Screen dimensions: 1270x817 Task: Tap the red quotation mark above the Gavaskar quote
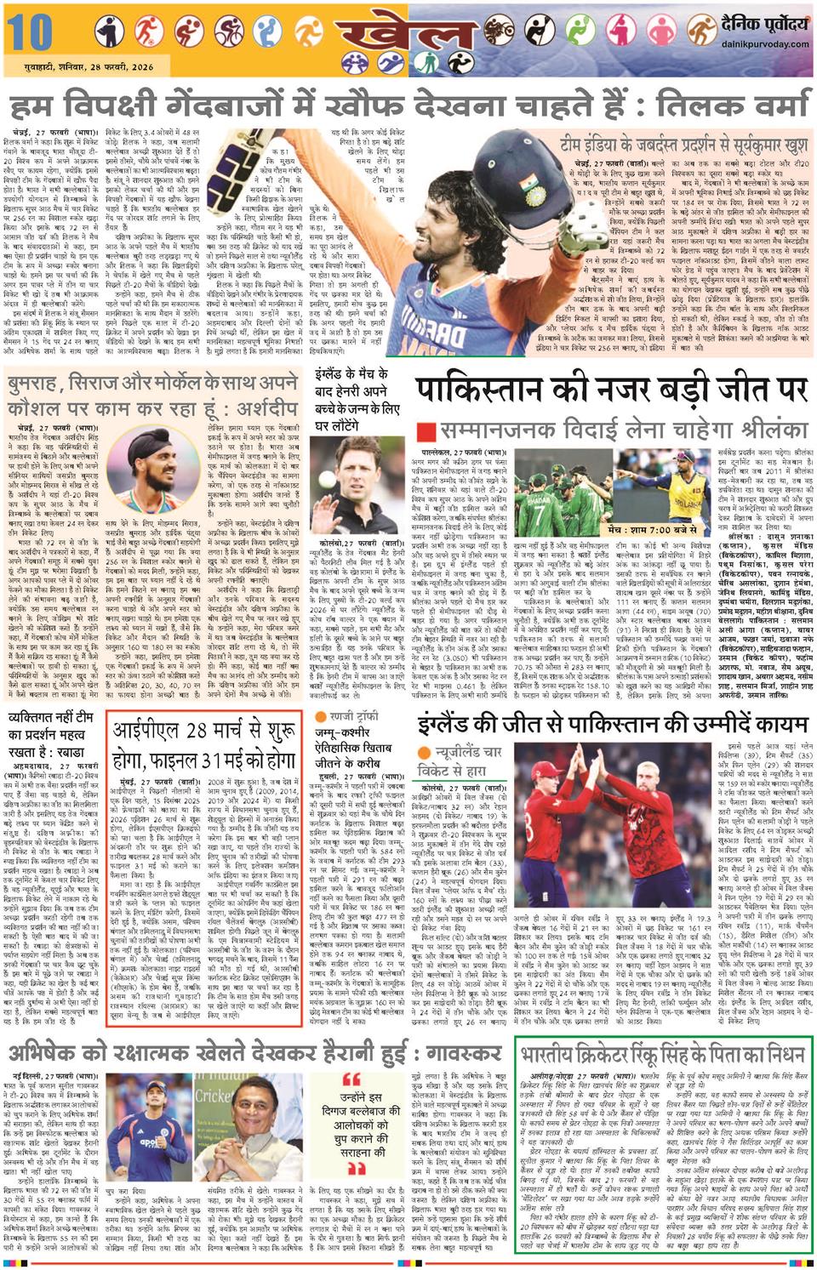[x=351, y=1079]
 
